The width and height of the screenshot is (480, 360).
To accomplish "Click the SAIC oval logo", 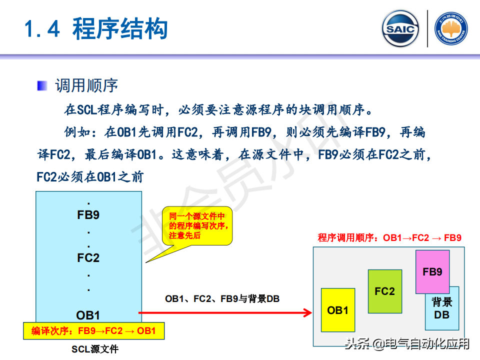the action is click(400, 29).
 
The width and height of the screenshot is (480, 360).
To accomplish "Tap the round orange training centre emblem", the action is click(451, 29).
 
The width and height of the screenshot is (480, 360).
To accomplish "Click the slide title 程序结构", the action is click(120, 29).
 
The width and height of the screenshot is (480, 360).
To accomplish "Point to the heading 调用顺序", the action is click(86, 85).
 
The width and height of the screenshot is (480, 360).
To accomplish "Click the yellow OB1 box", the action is click(338, 310).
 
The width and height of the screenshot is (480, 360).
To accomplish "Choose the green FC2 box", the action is click(384, 291).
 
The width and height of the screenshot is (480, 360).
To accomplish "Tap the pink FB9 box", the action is click(432, 271).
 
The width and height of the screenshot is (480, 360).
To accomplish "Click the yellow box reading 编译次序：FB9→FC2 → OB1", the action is click(93, 331).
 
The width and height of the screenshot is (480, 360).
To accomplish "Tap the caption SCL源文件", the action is click(95, 349).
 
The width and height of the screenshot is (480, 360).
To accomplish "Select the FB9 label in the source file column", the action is click(88, 215).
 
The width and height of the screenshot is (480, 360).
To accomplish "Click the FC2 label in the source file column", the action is click(88, 258).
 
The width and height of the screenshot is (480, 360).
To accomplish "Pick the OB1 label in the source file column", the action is click(88, 315).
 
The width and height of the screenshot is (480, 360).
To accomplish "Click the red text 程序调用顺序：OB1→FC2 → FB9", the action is click(389, 238).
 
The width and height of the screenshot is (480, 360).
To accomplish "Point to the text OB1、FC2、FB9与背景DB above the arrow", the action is click(222, 299).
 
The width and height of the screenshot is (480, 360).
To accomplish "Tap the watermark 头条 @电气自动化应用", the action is click(407, 343).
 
